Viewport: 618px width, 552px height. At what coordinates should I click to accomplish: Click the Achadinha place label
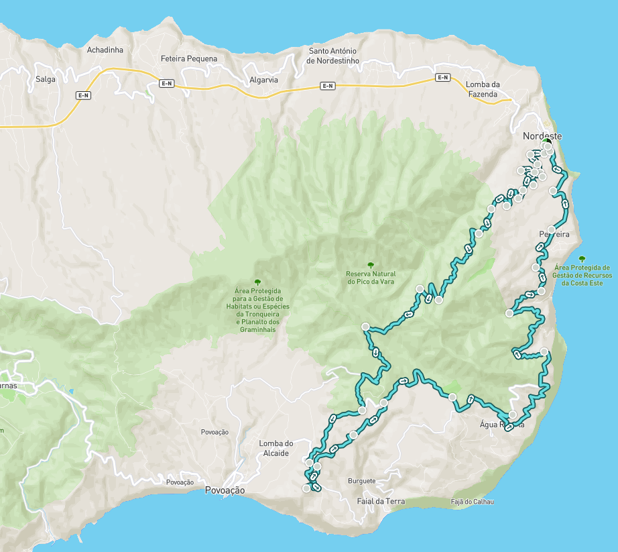coord(106,50)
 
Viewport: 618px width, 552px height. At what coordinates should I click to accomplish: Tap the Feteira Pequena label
coord(189,59)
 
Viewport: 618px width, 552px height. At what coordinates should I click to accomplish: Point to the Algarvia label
coord(263,79)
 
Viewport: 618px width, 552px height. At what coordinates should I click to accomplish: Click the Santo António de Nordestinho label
coord(332,56)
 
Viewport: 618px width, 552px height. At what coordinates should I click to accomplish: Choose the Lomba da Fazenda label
coord(483,89)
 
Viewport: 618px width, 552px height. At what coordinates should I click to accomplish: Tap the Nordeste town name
coord(542,136)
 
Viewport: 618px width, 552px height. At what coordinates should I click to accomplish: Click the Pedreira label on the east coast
coord(554,235)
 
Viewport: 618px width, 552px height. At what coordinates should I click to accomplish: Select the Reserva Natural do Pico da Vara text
coord(371,278)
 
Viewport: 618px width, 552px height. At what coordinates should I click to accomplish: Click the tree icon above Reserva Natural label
coord(371,265)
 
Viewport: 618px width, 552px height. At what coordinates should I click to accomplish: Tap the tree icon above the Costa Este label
coord(582,258)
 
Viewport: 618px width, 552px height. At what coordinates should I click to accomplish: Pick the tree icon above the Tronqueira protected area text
coord(257,282)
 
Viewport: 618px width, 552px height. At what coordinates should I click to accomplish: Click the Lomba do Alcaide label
coord(276,448)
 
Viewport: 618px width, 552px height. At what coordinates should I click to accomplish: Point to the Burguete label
coord(362,481)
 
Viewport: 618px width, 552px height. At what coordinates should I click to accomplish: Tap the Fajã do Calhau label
coord(472,502)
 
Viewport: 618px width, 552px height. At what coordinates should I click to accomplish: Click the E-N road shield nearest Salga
coord(84,96)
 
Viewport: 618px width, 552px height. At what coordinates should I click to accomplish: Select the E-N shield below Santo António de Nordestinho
coord(327,85)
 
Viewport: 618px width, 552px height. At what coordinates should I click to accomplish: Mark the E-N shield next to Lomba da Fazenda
coord(442,77)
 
